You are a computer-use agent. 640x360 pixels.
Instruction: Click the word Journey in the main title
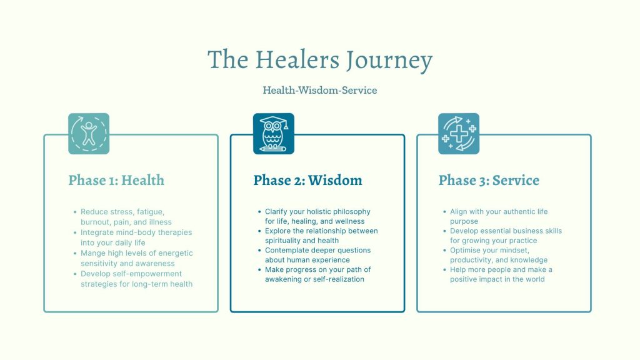coord(389,61)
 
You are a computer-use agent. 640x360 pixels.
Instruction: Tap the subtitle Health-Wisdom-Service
coord(320,90)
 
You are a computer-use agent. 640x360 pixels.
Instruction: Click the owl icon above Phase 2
coord(274,134)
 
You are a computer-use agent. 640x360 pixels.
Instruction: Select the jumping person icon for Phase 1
coord(89,134)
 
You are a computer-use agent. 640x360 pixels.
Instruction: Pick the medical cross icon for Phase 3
coord(459,134)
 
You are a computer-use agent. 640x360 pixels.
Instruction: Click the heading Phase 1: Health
coord(116,180)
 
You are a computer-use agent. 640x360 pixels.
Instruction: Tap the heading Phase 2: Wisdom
coord(307,180)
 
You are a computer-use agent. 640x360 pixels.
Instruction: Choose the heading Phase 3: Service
coord(489,180)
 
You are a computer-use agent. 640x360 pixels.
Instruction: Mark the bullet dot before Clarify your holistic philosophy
coord(259,211)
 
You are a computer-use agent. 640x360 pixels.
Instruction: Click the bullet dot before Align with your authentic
coord(444,211)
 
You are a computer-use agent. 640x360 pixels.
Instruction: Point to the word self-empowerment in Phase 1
coord(131,274)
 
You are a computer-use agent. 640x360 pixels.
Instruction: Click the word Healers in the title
coord(297,59)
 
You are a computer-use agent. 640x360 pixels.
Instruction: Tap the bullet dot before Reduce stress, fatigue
coord(75,212)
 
